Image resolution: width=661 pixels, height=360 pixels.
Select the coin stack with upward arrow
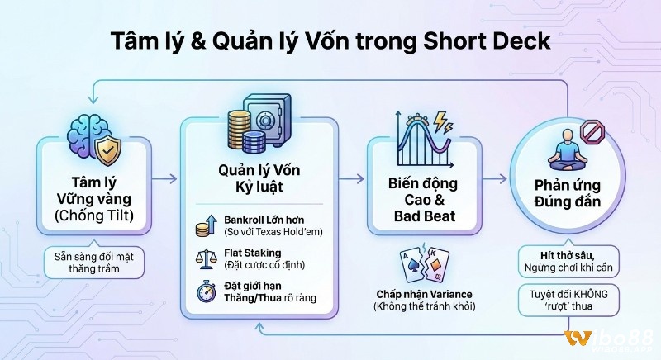tap(207, 225)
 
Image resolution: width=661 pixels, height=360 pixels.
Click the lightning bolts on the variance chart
tap(441, 124)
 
